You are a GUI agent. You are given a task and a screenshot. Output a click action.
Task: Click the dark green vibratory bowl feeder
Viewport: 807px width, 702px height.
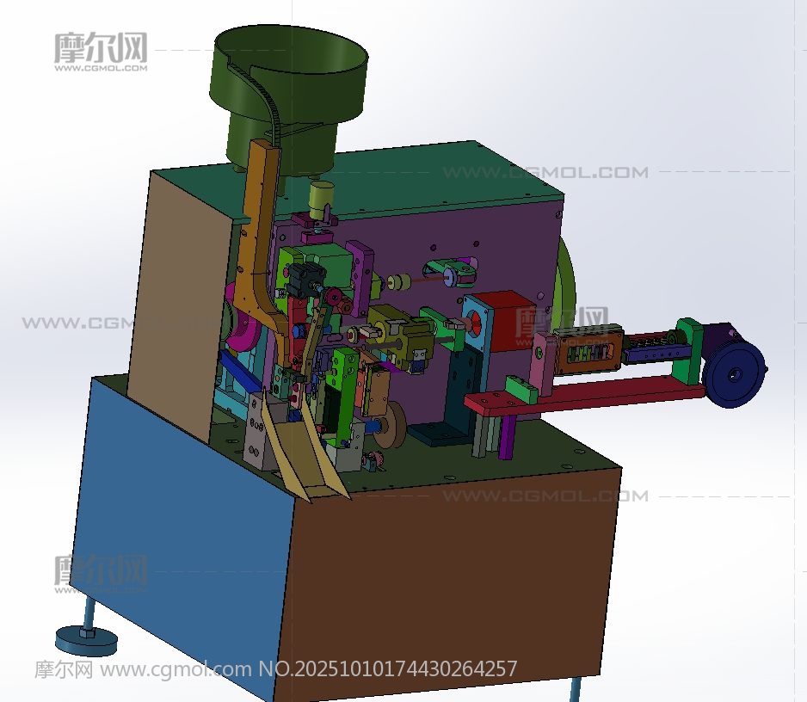point(288,93)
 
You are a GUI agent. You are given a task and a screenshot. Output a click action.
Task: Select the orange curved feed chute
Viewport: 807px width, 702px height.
point(257,247)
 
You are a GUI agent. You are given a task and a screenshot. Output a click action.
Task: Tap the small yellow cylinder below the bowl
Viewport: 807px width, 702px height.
point(321,200)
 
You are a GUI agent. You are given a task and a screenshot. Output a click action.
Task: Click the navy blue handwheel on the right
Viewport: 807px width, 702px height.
point(733,374)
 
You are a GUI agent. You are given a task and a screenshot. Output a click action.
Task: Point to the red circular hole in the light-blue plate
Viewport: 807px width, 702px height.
point(474,325)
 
